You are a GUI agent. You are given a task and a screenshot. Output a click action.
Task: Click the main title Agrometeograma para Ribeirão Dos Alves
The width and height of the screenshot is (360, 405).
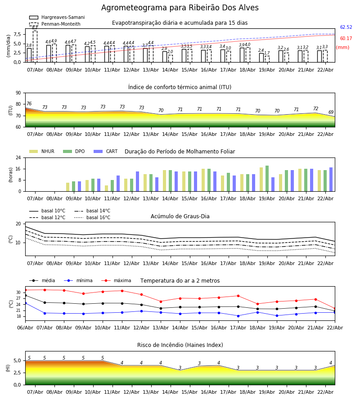pos(180,8)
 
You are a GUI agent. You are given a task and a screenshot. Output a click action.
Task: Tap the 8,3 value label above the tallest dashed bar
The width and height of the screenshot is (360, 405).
pos(35,28)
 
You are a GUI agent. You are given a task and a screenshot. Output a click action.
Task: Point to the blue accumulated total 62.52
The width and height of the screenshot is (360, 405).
pos(346,27)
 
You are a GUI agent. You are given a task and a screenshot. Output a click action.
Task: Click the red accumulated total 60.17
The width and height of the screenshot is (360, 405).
pos(346,39)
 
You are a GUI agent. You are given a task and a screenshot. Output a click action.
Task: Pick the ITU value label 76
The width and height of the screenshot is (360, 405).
pos(29,104)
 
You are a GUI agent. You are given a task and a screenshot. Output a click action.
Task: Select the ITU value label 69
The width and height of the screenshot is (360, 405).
pos(331,112)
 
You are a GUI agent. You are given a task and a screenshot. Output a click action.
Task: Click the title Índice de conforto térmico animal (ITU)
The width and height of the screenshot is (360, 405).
pos(180,87)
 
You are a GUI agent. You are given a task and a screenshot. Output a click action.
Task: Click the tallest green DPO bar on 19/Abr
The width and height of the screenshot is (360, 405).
pos(267,178)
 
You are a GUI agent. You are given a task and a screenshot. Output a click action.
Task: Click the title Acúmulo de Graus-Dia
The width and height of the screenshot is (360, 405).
pos(180,216)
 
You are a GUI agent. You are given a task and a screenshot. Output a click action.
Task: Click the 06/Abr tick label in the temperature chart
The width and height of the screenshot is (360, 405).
pos(25,327)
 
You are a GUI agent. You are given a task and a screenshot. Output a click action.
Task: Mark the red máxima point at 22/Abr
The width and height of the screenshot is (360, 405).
pos(334,309)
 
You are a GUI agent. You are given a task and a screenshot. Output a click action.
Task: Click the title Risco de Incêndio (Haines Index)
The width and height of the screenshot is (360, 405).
pos(180,345)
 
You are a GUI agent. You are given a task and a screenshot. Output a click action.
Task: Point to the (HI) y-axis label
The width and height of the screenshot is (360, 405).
pos(8,368)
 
